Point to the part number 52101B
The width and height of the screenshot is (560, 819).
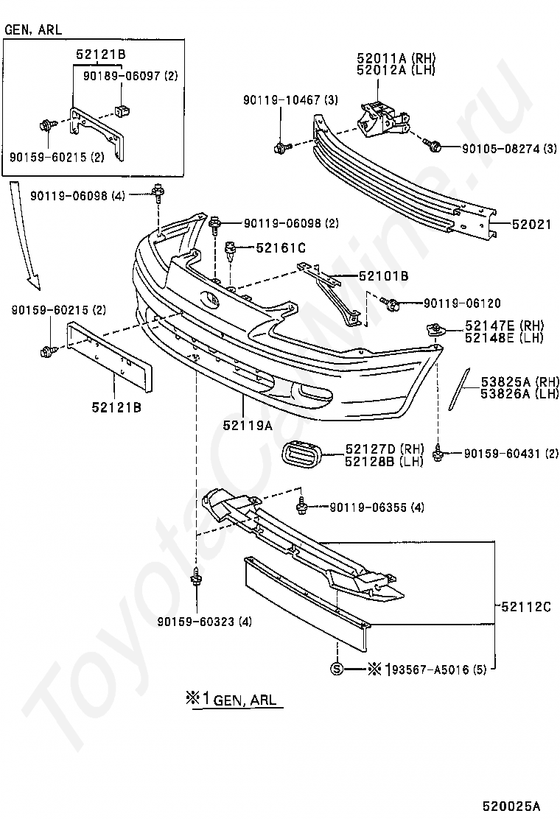point(384,276)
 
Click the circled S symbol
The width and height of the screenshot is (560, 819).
point(337,669)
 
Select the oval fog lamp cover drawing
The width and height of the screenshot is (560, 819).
point(304,457)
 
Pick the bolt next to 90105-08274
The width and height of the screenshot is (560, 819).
point(435,147)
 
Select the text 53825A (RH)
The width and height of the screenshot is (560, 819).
point(520,382)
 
